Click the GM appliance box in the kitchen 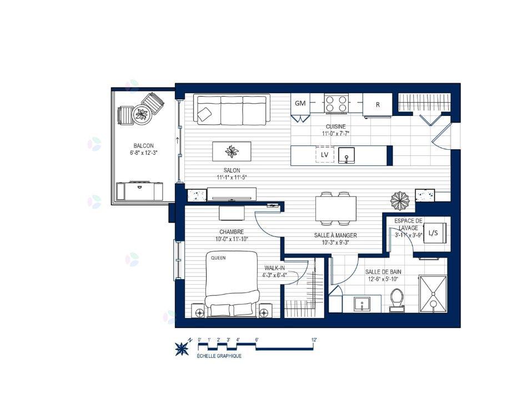pyautogui.click(x=300, y=103)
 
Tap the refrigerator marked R pyautogui.click(x=377, y=105)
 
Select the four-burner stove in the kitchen pyautogui.click(x=336, y=103)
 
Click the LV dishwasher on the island pyautogui.click(x=325, y=154)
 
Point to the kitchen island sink pyautogui.click(x=347, y=155)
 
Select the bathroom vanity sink pyautogui.click(x=363, y=304)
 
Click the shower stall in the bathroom pyautogui.click(x=433, y=294)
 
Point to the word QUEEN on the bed pyautogui.click(x=218, y=258)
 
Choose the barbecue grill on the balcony pyautogui.click(x=139, y=191)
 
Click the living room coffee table pyautogui.click(x=232, y=151)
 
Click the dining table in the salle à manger pyautogui.click(x=336, y=209)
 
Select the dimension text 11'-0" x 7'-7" pyautogui.click(x=336, y=134)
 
